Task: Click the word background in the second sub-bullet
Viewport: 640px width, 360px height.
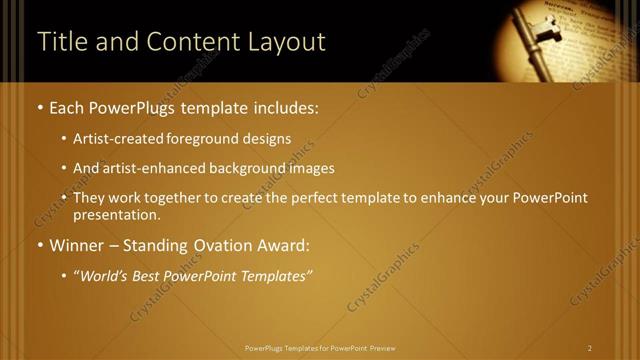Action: click(x=248, y=168)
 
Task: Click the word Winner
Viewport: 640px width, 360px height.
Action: click(x=77, y=245)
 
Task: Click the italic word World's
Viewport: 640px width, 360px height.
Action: click(x=103, y=276)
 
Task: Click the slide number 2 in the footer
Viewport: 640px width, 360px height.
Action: click(x=590, y=348)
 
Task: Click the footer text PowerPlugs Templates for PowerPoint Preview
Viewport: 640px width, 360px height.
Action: click(x=320, y=348)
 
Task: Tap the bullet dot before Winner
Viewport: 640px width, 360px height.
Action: click(x=40, y=246)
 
